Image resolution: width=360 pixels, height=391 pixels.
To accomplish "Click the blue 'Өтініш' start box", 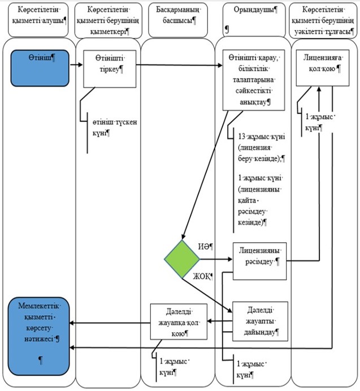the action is pos(40,68).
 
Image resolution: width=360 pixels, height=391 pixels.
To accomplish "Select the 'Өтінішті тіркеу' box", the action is pos(110,69).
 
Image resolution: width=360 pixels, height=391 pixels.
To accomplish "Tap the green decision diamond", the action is pos(182,259).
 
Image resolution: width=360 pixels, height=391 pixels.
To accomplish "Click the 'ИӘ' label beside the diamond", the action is pos(206,247).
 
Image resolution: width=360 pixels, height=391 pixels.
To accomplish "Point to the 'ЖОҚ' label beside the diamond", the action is pos(203,276).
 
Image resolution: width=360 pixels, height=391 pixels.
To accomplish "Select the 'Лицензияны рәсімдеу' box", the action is pos(259,261).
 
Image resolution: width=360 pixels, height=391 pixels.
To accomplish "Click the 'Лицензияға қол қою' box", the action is pos(322,68).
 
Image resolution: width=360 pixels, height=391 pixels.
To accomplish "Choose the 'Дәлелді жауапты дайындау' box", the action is pos(260,321).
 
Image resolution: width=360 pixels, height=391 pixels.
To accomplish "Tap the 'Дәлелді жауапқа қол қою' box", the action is pos(179,321).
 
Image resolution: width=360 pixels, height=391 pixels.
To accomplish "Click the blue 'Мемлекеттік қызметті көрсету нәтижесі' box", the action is pos(38,336).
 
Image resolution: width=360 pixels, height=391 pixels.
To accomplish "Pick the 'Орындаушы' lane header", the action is pos(254,20).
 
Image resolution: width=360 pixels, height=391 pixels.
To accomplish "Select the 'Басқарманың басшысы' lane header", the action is pos(178,20).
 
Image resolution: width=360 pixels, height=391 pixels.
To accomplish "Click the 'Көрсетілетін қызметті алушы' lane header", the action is pos(38,20).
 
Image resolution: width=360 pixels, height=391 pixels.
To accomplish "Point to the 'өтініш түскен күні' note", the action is pos(115,127).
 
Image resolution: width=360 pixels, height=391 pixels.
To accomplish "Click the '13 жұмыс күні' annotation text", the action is pos(262,136).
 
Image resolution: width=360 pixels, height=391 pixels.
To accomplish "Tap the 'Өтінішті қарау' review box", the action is pos(254,80).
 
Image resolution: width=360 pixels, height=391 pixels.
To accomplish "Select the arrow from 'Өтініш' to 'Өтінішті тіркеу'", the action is pos(76,65).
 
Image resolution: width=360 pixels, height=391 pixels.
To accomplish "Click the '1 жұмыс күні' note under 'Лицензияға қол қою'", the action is pos(319,122).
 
